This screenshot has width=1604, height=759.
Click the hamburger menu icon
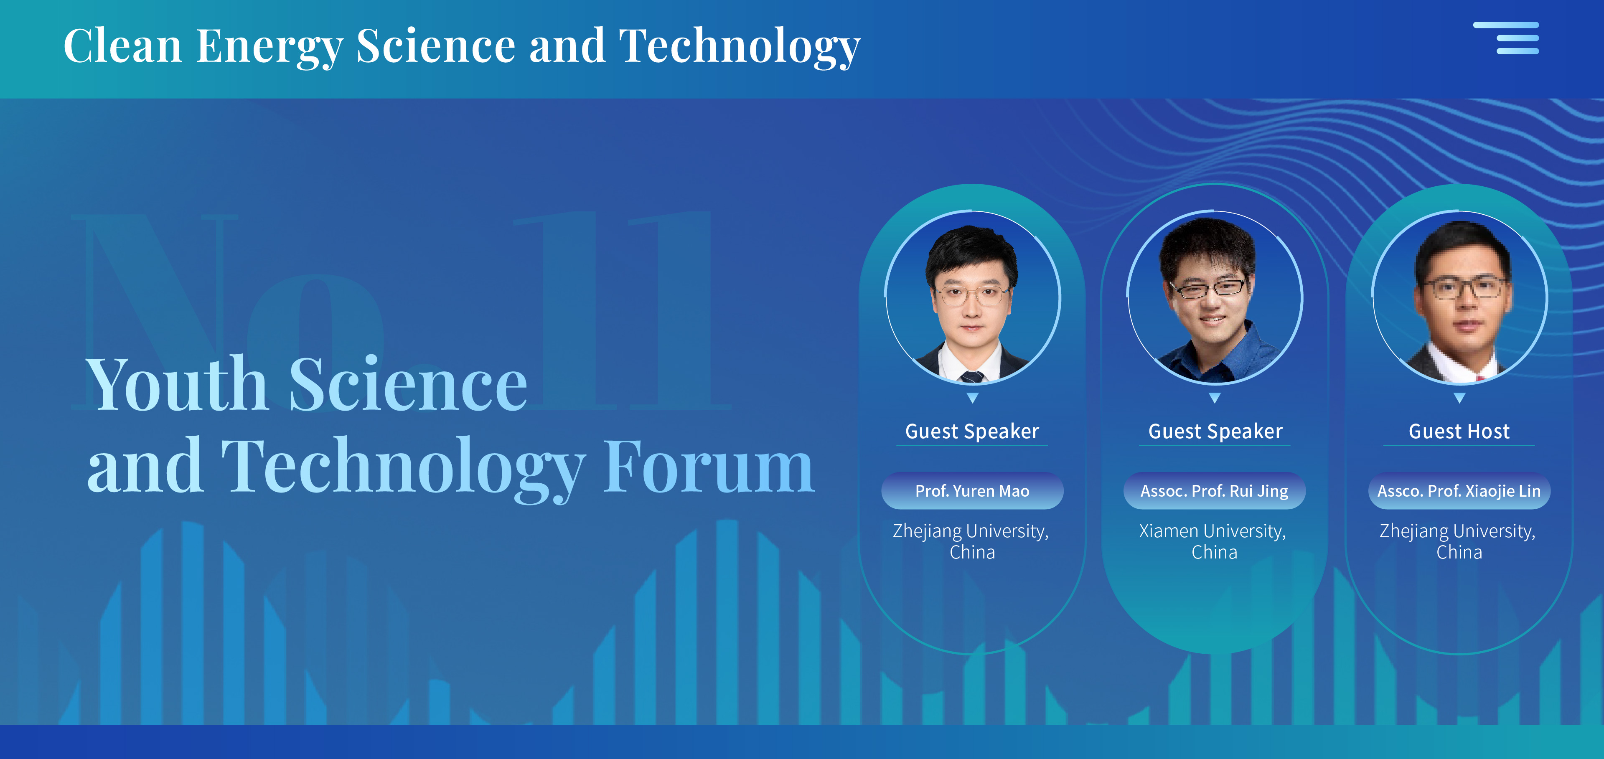tap(1506, 38)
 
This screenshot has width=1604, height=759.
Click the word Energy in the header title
tap(269, 47)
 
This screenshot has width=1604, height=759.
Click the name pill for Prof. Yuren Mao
tap(972, 491)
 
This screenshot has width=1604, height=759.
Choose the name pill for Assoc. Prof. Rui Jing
tap(1214, 491)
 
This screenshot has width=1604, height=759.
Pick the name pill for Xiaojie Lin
tap(1459, 491)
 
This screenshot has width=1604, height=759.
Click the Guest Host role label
tap(1459, 431)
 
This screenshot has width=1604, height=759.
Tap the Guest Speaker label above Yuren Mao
tap(972, 431)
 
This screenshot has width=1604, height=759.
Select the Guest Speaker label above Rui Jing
tap(1215, 431)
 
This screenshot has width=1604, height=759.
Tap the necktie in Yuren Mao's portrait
tap(972, 376)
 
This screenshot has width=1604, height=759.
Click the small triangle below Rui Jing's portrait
tap(1214, 398)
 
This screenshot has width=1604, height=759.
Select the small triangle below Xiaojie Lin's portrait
tap(1459, 398)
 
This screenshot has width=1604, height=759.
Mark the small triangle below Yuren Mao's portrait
tap(973, 398)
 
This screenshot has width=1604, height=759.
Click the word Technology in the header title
tap(740, 47)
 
